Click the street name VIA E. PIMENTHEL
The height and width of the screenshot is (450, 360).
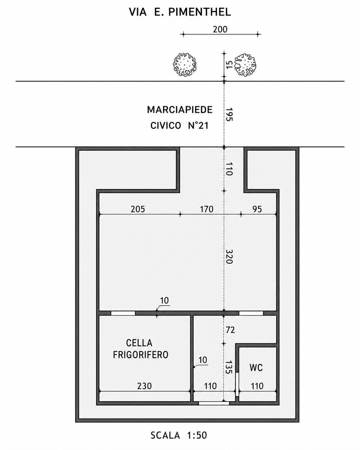point(180,12)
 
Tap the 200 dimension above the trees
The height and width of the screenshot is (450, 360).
point(220,30)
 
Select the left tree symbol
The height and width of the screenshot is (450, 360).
point(185,65)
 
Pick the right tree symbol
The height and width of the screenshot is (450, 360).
point(245,65)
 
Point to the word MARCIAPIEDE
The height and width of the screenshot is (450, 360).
point(180,110)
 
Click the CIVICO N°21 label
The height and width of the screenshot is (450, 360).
point(180,126)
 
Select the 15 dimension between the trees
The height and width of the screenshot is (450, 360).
point(229,65)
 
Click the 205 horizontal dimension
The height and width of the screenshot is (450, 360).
point(138,209)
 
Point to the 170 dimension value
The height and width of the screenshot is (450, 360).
point(207,209)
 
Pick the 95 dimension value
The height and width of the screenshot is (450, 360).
point(257,209)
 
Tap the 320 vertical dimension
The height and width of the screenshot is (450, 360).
point(229,256)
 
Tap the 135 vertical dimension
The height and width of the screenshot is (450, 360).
point(229,367)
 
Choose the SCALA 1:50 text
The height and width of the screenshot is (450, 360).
point(179,434)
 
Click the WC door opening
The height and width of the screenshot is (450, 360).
point(237,384)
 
